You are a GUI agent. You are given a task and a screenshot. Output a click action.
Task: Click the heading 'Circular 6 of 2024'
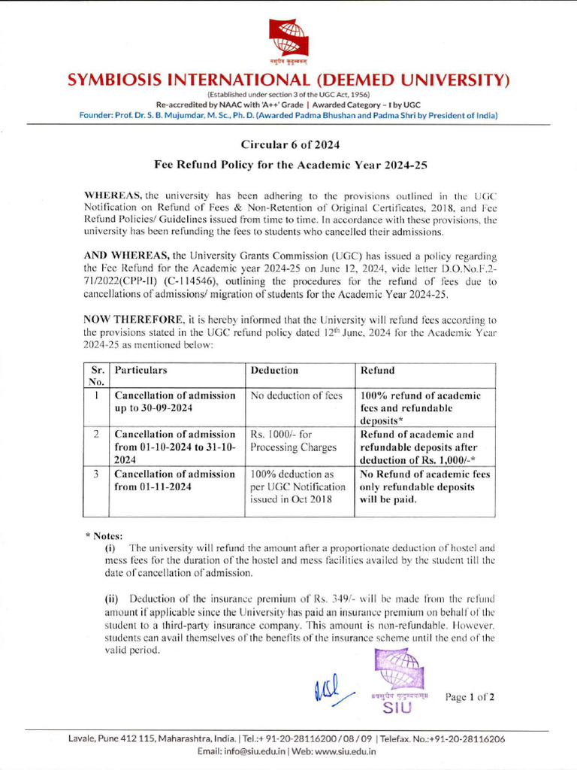(288, 144)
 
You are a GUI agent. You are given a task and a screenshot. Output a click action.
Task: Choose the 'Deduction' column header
(274, 371)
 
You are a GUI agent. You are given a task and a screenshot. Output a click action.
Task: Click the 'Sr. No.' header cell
(97, 376)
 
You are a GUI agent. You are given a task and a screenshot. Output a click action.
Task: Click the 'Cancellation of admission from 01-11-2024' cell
(174, 480)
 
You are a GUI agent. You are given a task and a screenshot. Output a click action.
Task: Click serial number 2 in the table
(96, 435)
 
